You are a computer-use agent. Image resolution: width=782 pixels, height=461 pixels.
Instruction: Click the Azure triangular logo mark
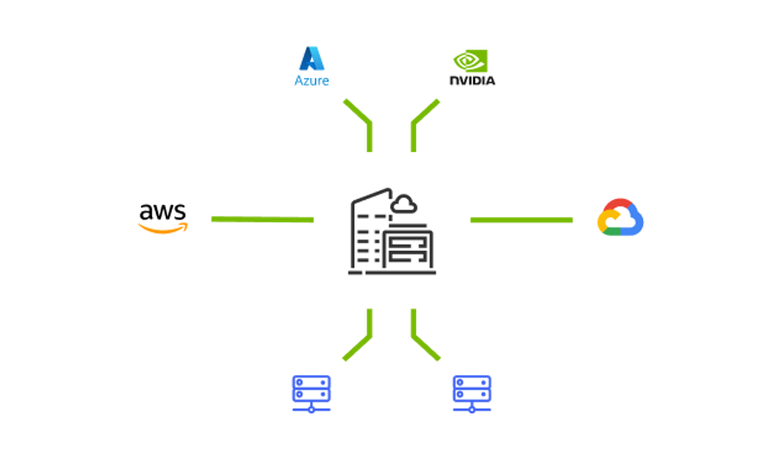tap(312, 58)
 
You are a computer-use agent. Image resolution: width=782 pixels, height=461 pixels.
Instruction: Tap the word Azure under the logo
tap(312, 81)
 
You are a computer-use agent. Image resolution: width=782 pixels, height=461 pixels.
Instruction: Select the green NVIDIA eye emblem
tap(470, 61)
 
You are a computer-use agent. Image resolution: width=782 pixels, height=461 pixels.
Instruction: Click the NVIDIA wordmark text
tap(473, 80)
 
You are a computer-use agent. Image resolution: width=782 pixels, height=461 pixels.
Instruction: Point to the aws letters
tap(162, 212)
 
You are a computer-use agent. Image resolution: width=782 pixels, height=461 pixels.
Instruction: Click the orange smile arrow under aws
tap(163, 227)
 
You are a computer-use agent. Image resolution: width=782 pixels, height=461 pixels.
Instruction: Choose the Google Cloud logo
tap(620, 217)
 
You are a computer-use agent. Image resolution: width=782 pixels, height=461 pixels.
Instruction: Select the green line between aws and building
tap(262, 220)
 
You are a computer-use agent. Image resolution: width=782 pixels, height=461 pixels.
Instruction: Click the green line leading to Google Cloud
tap(521, 220)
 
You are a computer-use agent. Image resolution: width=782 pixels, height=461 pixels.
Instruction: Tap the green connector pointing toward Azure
tap(363, 121)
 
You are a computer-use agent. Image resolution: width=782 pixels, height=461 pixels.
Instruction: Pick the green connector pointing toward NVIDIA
tap(420, 121)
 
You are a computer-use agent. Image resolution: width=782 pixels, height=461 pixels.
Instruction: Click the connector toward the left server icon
tap(363, 338)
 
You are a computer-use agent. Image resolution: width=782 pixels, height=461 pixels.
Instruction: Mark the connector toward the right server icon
tap(420, 338)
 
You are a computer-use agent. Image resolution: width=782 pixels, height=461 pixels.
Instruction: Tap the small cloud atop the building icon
tap(403, 205)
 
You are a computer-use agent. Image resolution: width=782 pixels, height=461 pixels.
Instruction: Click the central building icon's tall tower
tap(368, 229)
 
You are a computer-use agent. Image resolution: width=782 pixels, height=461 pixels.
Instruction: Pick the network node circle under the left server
tap(311, 410)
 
